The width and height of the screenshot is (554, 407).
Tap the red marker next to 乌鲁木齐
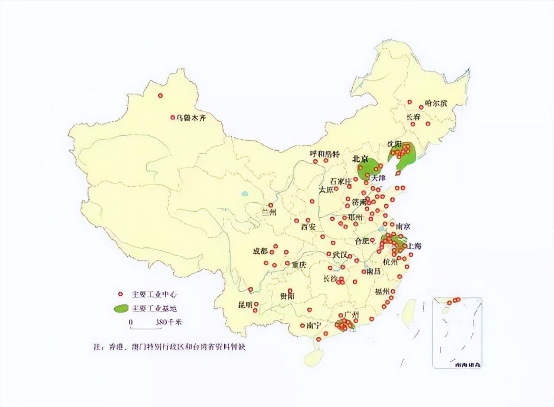point(172,117)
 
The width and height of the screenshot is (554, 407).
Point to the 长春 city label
point(413,117)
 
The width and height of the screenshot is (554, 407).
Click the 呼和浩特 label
point(325,154)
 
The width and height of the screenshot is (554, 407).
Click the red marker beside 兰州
point(271,205)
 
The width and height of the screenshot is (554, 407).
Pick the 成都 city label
point(261,251)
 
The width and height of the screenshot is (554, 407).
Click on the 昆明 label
point(245,305)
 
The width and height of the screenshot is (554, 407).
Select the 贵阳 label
point(287,297)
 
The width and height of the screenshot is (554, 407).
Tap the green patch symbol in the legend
point(120,309)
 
